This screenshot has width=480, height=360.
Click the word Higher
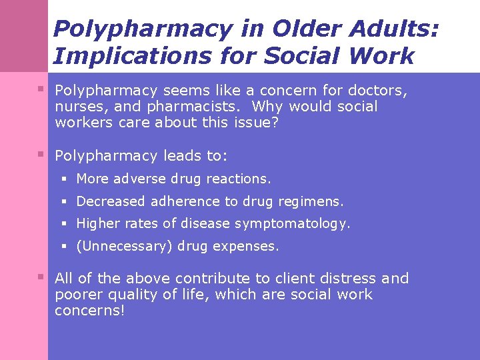(97, 224)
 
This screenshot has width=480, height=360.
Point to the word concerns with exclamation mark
(89, 311)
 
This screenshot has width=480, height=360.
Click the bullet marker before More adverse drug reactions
(65, 179)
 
